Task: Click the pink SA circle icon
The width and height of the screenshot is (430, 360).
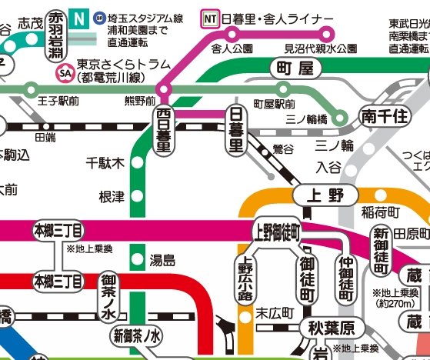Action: point(64,74)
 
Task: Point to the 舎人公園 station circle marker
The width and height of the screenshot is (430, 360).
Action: point(232,33)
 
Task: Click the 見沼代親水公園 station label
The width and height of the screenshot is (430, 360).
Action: point(321,48)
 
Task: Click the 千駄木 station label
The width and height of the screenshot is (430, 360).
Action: point(105,163)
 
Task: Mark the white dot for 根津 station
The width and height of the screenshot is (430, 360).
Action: point(136,198)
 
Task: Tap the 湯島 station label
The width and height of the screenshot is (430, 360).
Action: point(162,260)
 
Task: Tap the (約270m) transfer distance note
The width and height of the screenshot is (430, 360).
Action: point(393,302)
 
